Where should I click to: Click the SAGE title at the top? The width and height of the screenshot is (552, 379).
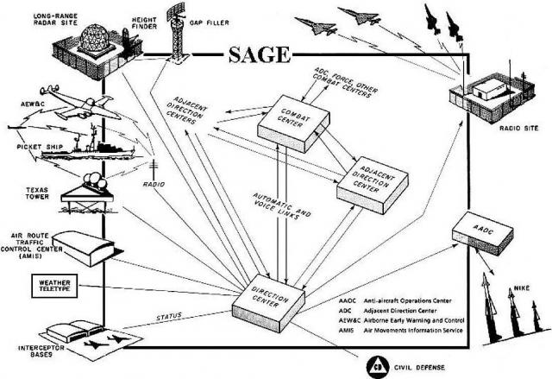[260, 58]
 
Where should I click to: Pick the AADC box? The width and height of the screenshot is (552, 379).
[483, 228]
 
